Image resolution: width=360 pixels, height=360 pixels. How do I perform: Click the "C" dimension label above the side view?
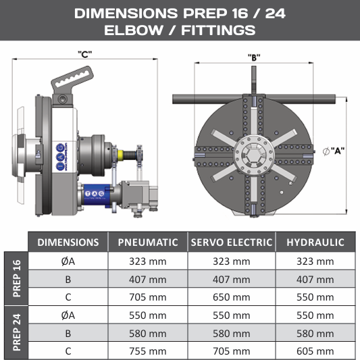85,55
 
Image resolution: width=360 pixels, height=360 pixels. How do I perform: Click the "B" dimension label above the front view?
254,57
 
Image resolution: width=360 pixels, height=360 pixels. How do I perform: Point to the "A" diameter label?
334,151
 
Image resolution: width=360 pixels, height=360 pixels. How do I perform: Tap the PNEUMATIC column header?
148,242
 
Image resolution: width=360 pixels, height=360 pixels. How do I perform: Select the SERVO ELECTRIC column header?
232,242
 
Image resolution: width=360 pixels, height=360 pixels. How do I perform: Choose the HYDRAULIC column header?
315,242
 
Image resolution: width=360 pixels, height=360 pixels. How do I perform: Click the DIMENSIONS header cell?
68,242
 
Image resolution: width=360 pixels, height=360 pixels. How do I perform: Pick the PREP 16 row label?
16,278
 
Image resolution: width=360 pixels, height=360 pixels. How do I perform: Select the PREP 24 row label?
16,332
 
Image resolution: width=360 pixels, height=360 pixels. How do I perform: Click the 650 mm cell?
232,297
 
